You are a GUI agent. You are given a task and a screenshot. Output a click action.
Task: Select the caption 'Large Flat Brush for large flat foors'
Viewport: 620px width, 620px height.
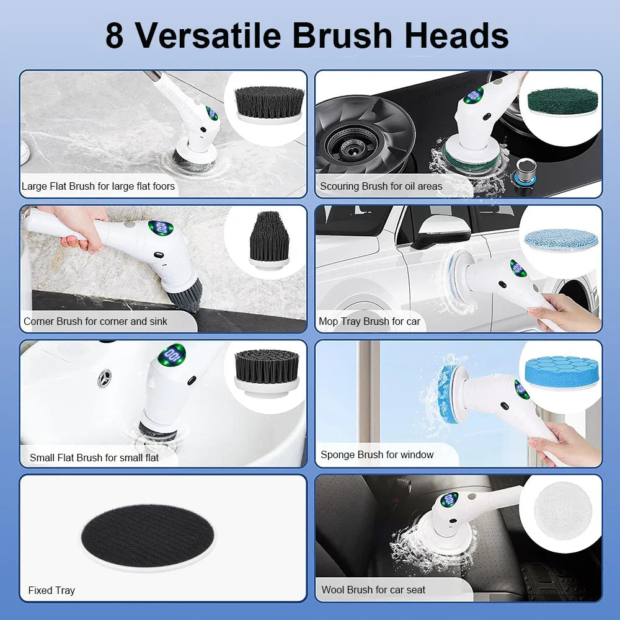[98, 186]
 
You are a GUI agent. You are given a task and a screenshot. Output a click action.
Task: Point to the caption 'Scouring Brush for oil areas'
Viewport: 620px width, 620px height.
[381, 186]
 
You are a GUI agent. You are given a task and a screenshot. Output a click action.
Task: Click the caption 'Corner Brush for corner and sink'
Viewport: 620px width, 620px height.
[104, 321]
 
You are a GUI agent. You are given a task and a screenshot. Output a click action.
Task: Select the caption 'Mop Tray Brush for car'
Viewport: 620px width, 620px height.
[369, 321]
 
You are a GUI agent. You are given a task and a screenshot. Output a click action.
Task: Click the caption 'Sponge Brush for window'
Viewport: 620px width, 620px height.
[377, 454]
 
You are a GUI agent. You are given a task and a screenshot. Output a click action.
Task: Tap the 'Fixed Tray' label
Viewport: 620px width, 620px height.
[51, 590]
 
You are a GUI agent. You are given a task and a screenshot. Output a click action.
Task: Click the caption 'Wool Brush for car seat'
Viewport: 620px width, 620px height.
[373, 590]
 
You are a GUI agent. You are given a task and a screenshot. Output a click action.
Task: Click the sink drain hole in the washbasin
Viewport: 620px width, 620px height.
[105, 378]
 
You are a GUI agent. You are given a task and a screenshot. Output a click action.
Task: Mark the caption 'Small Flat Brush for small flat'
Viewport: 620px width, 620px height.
[94, 458]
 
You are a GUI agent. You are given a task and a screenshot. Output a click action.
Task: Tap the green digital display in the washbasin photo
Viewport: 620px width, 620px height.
[172, 356]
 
